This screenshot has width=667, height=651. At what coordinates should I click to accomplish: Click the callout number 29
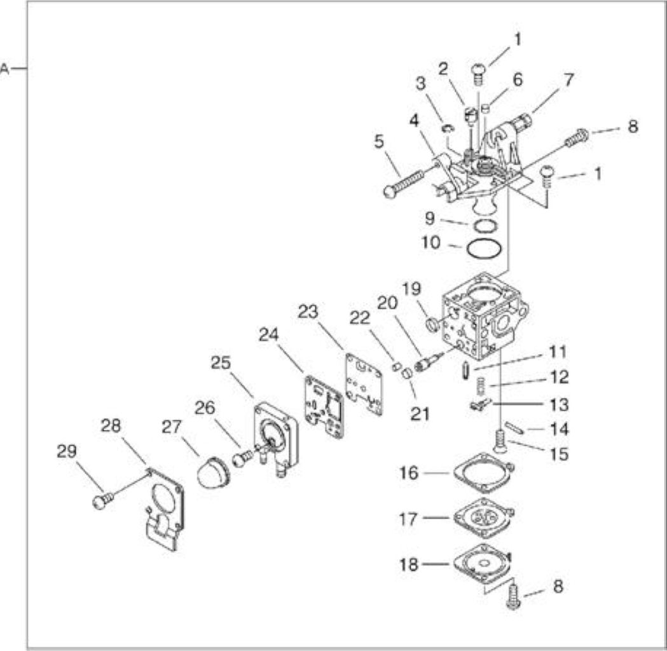click(x=67, y=451)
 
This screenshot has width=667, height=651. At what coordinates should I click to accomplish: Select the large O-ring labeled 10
click(x=485, y=249)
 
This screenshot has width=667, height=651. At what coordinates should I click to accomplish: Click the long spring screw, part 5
click(x=404, y=184)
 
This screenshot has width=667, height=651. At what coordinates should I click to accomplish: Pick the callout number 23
click(x=308, y=312)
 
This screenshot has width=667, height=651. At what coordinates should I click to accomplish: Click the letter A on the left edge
click(x=4, y=69)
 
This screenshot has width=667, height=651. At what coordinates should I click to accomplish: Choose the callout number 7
click(x=568, y=79)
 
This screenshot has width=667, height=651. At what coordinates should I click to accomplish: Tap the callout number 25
click(x=221, y=363)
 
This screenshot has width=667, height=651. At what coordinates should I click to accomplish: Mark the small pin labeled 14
click(x=514, y=427)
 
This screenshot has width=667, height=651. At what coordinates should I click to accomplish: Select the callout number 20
click(x=387, y=303)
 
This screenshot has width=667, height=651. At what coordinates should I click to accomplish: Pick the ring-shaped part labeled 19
click(x=432, y=324)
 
